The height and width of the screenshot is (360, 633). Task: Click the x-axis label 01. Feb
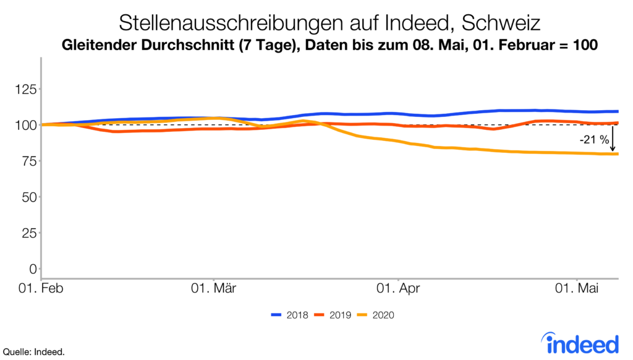[x=41, y=288]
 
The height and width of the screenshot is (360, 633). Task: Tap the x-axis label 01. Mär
[x=213, y=288]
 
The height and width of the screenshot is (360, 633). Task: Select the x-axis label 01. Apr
[x=399, y=288]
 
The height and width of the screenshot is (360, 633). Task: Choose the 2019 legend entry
[x=334, y=315]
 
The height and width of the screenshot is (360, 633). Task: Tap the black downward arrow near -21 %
[x=613, y=139]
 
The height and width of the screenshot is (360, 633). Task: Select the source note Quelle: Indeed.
[x=33, y=352]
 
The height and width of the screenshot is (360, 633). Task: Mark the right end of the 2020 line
[x=618, y=154]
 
